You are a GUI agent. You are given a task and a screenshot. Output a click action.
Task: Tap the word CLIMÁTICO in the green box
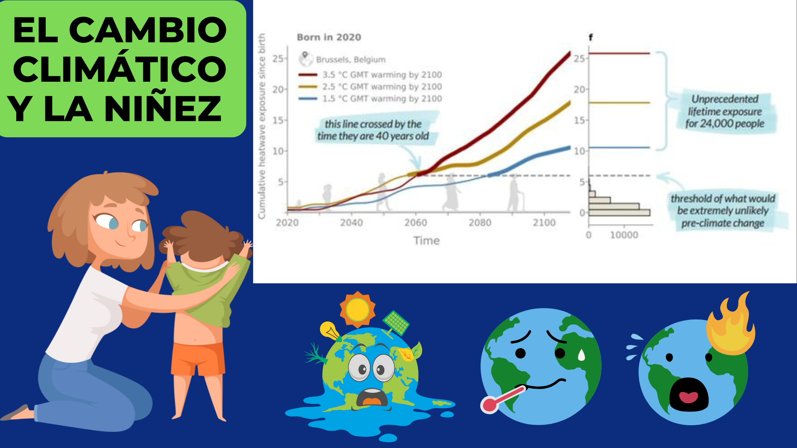[120, 68]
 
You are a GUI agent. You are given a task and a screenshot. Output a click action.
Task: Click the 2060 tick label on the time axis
[416, 223]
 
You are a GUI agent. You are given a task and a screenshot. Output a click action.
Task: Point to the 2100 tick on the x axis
[544, 223]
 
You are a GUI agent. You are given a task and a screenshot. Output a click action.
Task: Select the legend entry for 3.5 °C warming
[370, 75]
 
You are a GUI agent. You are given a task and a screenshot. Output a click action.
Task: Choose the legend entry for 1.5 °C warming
[370, 99]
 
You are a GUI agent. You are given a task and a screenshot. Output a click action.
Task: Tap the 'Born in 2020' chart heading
[329, 37]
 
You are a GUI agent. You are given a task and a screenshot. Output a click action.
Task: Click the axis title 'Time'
[426, 241]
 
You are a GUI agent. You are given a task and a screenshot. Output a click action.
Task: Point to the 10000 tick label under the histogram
[624, 235]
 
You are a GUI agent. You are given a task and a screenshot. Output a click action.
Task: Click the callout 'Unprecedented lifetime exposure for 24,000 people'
[725, 111]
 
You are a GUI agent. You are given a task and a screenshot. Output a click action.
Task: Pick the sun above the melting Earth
[357, 309]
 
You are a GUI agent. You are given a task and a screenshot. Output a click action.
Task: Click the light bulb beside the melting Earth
[330, 331]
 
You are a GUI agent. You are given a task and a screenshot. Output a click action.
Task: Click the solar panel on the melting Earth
[396, 323]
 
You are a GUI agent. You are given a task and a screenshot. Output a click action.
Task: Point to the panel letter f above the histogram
[591, 37]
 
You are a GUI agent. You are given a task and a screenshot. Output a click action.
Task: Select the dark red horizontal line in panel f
[619, 54]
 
